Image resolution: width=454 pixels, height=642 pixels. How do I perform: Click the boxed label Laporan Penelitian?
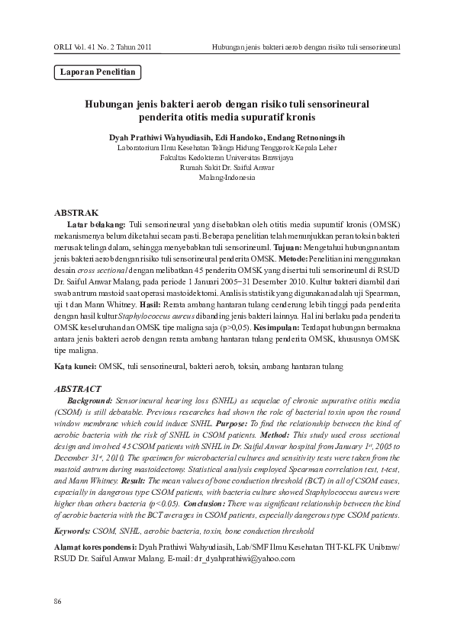[98, 73]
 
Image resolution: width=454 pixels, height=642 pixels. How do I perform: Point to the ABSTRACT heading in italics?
[78, 387]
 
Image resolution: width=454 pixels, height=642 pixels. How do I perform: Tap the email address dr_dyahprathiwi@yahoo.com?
[245, 559]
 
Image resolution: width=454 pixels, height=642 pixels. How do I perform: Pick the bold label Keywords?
[76, 529]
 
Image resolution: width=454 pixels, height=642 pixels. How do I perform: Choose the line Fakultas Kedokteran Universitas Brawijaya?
[227, 156]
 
